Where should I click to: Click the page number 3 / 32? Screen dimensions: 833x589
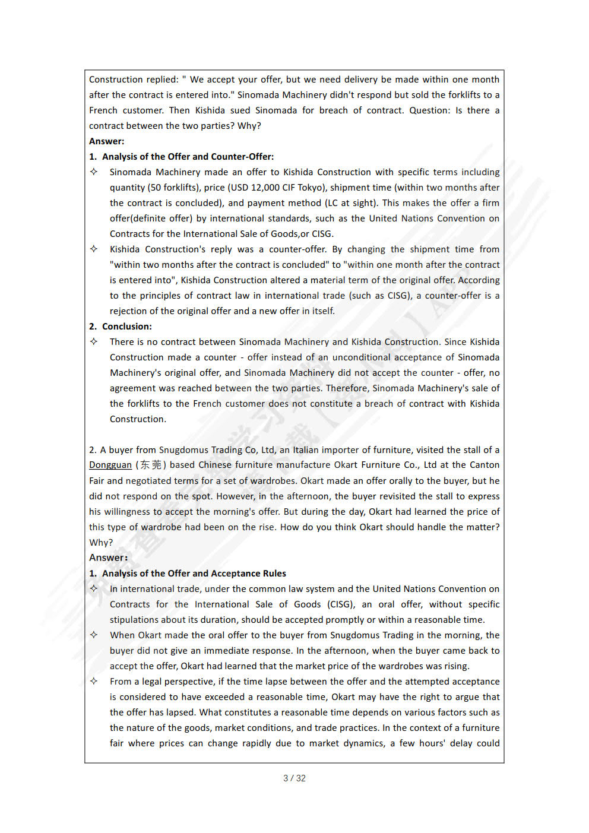point(294,778)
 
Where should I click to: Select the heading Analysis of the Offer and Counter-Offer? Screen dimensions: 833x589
point(188,157)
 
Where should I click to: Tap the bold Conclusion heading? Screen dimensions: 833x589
point(126,327)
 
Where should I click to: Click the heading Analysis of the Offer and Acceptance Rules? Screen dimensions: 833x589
point(194,574)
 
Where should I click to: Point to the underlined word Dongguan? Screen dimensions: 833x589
point(110,465)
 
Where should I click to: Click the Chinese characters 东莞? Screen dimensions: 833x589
point(150,465)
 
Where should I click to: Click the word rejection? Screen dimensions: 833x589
point(128,311)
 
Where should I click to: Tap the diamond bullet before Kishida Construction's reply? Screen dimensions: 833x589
point(94,249)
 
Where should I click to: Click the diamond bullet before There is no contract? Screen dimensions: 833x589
point(94,341)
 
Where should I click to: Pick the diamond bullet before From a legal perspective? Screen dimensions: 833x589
point(94,681)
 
